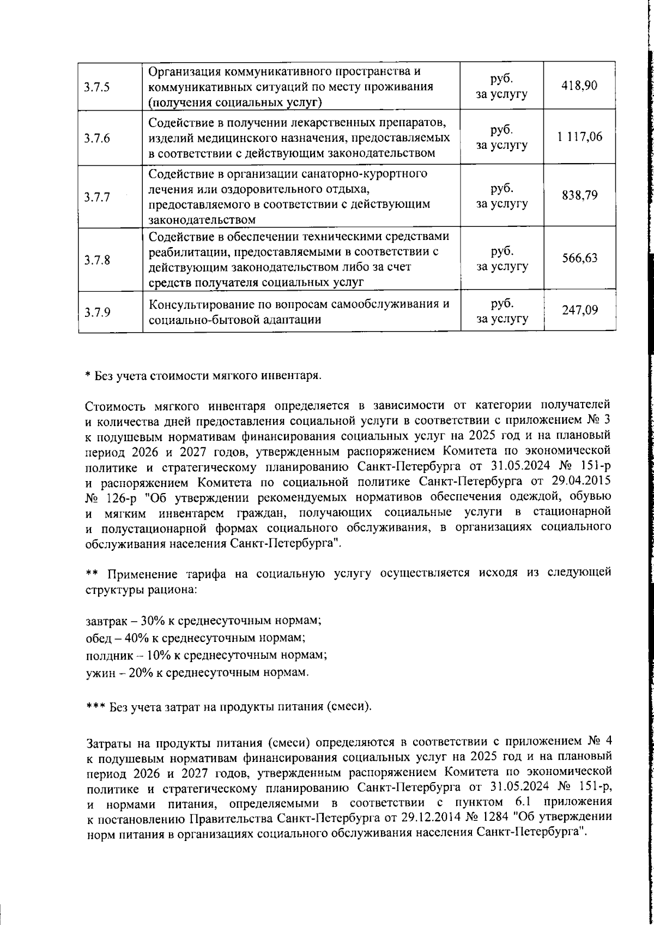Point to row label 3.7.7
(98, 197)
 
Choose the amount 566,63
(580, 258)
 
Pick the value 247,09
(580, 310)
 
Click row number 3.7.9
(98, 313)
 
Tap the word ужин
(99, 672)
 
